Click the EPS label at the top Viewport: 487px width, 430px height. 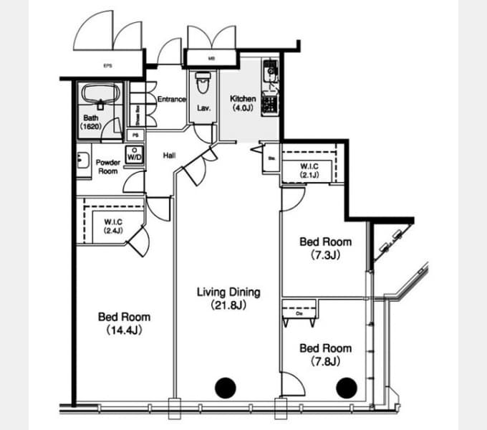click(x=107, y=67)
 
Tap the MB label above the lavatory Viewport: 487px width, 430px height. click(x=211, y=59)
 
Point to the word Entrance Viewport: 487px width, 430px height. click(x=172, y=100)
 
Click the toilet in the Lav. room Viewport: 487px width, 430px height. click(x=202, y=85)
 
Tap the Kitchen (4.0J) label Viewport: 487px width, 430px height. click(x=243, y=103)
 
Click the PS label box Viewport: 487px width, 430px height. click(x=134, y=135)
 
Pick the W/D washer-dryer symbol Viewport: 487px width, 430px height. click(x=134, y=153)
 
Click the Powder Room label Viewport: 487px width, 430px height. click(x=107, y=167)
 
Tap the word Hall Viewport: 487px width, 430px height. click(x=170, y=155)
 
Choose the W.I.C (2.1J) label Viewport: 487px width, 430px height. click(x=309, y=170)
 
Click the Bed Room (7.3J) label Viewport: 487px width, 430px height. click(x=325, y=248)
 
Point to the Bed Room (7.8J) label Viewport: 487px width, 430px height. click(x=325, y=354)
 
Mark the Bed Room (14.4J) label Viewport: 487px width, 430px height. click(x=124, y=322)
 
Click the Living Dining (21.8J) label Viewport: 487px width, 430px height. click(x=228, y=298)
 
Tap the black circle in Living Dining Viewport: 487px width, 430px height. click(x=226, y=388)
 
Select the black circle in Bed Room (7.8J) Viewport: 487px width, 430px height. click(x=346, y=388)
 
